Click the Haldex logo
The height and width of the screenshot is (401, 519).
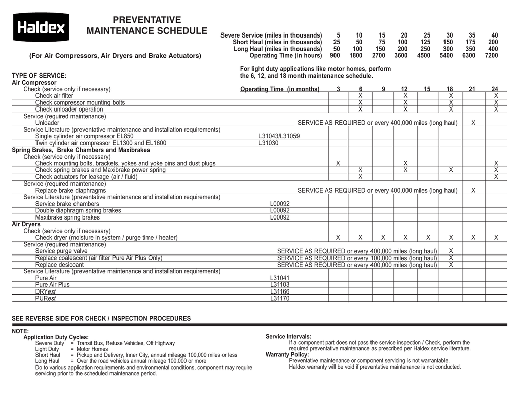41,27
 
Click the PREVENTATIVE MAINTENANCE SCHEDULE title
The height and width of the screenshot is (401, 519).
146,25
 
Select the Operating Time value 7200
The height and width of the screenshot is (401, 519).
491,56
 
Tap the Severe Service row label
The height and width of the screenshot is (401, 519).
271,35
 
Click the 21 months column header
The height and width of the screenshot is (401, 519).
472,89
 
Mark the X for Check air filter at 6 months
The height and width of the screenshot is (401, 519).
360,96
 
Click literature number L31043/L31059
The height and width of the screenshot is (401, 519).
279,136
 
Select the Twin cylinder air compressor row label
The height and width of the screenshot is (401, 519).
100,143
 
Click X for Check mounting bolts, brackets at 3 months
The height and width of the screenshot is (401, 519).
338,163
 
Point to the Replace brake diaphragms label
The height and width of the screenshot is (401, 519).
70,190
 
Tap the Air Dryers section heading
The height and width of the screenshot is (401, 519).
26,224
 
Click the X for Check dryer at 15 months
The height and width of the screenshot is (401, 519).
428,237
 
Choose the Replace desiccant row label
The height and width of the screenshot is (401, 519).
59,265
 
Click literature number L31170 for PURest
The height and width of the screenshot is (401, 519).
280,299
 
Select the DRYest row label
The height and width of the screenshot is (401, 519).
45,292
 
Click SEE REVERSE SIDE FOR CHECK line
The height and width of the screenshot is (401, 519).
101,318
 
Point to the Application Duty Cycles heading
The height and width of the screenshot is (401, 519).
56,337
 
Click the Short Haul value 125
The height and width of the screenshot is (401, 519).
425,42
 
